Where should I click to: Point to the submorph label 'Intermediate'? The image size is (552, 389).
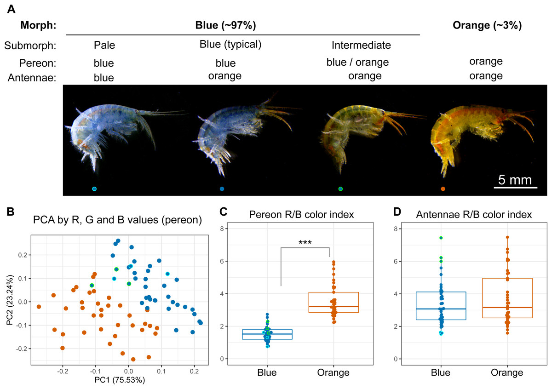click(361, 45)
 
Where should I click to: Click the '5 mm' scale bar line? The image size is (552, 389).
click(516, 187)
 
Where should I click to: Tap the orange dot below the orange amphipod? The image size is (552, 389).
click(443, 189)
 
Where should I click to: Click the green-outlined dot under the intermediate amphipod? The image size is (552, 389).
click(340, 189)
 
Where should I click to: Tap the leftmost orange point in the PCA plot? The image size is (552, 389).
click(39, 306)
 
